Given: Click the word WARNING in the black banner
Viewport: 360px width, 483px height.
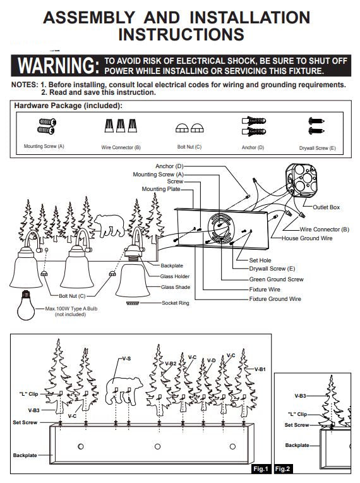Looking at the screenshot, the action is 59,65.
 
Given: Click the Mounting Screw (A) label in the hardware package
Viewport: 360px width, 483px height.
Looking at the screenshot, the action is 44,146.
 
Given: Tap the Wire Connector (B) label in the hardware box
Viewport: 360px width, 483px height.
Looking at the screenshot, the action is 121,147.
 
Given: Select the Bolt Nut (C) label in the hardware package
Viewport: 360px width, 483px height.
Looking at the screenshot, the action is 189,147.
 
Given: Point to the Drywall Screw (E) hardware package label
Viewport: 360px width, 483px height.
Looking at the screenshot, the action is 317,148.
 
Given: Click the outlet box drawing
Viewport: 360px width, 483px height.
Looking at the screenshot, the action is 301,180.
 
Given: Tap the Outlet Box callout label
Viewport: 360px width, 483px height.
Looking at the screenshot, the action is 326,207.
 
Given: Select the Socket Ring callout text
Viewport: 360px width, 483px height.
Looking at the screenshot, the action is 176,303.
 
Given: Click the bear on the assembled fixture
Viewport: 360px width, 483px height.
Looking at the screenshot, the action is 109,226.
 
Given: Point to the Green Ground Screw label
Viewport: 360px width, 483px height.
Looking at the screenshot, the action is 276,279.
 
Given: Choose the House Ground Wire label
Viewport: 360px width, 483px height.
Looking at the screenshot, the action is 307,238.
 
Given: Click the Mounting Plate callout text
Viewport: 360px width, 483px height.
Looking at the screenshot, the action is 161,189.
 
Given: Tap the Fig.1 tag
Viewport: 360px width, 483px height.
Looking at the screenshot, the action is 261,469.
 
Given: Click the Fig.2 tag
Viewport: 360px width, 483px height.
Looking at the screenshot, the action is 282,469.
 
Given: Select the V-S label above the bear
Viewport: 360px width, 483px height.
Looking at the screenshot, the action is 126,358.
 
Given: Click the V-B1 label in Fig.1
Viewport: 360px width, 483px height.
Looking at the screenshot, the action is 260,369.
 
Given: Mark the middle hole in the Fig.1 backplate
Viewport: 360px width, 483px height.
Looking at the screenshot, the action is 157,446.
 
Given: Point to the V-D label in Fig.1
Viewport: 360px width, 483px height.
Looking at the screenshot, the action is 212,360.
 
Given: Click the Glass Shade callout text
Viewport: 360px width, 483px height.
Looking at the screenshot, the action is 176,287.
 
